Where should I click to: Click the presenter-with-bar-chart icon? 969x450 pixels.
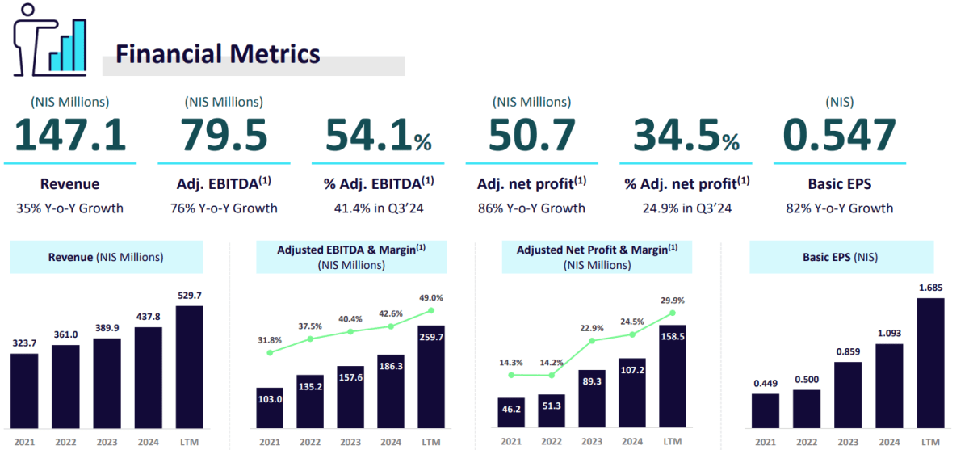coord(49,40)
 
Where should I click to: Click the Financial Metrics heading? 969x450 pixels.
coord(217,54)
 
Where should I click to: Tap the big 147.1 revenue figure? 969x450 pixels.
coord(70,136)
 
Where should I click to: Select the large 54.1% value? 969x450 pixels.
coord(379,136)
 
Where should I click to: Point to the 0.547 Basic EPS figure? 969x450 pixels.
coord(839,136)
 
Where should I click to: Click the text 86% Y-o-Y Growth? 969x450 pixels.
coord(531,208)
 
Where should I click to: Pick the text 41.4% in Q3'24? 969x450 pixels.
coord(379,208)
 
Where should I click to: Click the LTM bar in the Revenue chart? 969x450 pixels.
coord(190,368)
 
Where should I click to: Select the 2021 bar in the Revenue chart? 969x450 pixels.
coord(24,391)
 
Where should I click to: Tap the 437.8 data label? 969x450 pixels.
coord(149,317)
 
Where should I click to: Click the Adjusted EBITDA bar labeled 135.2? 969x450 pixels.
coord(310,402)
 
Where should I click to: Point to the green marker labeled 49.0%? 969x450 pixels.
coord(431,310)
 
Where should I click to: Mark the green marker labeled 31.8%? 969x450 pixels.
coord(270,352)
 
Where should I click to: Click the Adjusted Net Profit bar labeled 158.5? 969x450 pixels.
coord(673,376)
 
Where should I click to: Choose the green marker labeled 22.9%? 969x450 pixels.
coord(592,340)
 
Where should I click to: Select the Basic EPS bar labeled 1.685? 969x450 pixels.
coord(930,364)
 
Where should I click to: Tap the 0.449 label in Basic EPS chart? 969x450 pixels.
coord(766,384)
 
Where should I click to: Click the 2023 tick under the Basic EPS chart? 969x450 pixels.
coord(848,442)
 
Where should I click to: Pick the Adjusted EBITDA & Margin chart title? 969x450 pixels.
coord(351,257)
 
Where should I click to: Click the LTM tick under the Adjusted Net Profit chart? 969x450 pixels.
coord(673,442)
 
